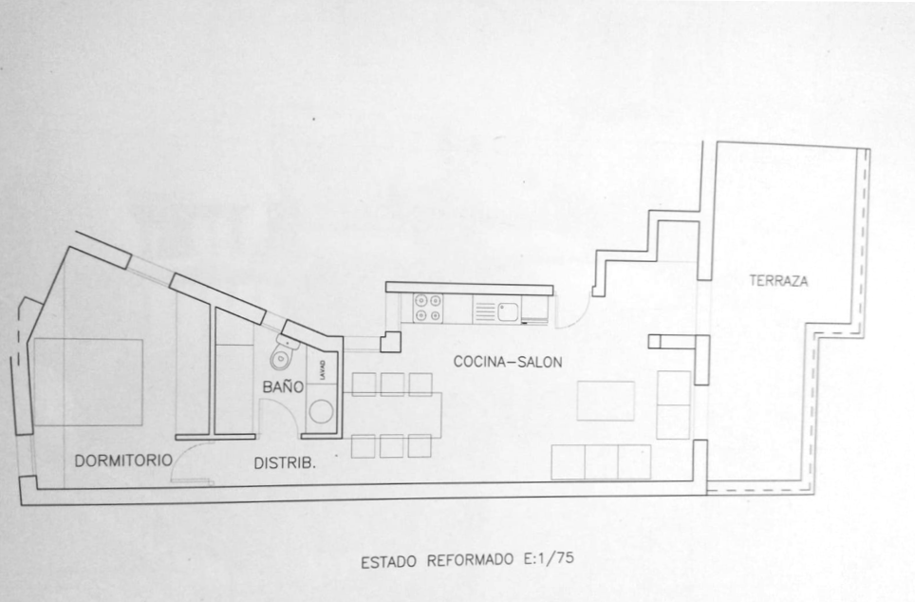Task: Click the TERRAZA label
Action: pyautogui.click(x=778, y=281)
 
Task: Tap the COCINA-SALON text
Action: pyautogui.click(x=508, y=362)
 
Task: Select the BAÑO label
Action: pyautogui.click(x=283, y=386)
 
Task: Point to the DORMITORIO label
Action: pyautogui.click(x=123, y=461)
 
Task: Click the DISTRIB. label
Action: pyautogui.click(x=285, y=463)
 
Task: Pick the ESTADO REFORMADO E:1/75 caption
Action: pyautogui.click(x=467, y=560)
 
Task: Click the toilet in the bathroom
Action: pyautogui.click(x=284, y=353)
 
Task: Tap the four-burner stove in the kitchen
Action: pyautogui.click(x=428, y=308)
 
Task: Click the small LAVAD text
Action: pyautogui.click(x=323, y=370)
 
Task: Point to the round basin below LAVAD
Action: pyautogui.click(x=321, y=411)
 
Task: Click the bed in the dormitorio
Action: pyautogui.click(x=88, y=383)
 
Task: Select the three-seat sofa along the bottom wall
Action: pyautogui.click(x=601, y=461)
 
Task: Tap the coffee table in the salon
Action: pyautogui.click(x=606, y=401)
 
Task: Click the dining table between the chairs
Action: pyautogui.click(x=392, y=414)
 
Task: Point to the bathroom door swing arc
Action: pyautogui.click(x=279, y=418)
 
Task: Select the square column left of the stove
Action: pyautogui.click(x=390, y=342)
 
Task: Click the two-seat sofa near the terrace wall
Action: pyautogui.click(x=673, y=405)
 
